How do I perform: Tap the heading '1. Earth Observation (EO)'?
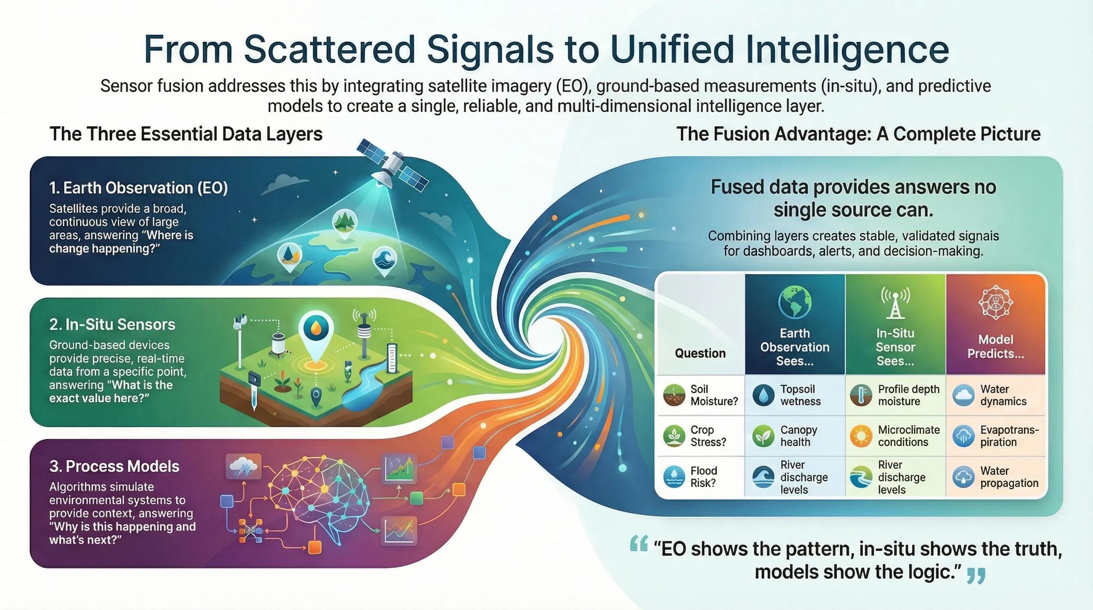click(x=138, y=188)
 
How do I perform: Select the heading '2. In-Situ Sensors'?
click(x=112, y=324)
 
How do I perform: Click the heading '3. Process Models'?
click(x=114, y=466)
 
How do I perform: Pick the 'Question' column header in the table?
click(x=700, y=353)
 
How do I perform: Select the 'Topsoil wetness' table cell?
click(x=795, y=395)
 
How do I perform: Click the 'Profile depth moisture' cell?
click(x=896, y=395)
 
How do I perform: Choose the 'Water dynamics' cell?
click(x=996, y=395)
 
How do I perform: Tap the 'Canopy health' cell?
click(x=795, y=436)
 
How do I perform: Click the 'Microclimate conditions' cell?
click(x=896, y=436)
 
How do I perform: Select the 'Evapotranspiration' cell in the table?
click(x=996, y=436)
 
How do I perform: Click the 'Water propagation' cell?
click(x=996, y=477)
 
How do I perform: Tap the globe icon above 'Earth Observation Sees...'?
click(x=795, y=301)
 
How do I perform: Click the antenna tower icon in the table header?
click(x=895, y=302)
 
